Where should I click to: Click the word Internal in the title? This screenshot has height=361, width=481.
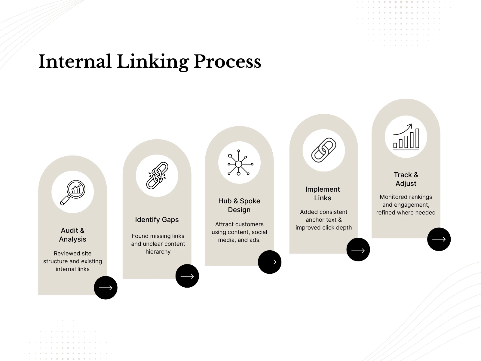(x=75, y=61)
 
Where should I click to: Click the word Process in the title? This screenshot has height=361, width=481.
(x=227, y=61)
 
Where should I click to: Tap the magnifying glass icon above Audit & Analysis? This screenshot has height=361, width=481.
(x=73, y=192)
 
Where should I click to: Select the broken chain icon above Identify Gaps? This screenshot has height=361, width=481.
(x=157, y=176)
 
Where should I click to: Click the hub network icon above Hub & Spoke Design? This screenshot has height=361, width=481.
(x=239, y=163)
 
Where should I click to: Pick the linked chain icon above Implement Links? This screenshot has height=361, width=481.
(x=324, y=150)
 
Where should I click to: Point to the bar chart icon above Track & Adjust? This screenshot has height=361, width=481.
(x=406, y=137)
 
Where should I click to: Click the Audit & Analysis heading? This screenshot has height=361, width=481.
(x=73, y=235)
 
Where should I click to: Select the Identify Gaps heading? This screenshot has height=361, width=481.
(x=157, y=220)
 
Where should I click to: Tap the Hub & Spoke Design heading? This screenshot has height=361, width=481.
(x=239, y=205)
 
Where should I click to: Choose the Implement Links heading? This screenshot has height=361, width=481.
(x=323, y=193)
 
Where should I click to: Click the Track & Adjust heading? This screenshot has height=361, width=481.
(x=406, y=179)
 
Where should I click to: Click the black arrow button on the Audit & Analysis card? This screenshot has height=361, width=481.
(x=106, y=288)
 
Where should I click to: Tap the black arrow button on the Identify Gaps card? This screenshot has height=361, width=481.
(x=187, y=276)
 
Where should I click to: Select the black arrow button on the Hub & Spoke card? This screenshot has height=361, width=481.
(x=270, y=262)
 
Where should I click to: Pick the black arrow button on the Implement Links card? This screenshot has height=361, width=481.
(x=358, y=250)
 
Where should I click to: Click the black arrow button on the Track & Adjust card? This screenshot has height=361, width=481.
(x=439, y=239)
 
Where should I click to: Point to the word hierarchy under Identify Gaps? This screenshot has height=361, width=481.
(x=158, y=251)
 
